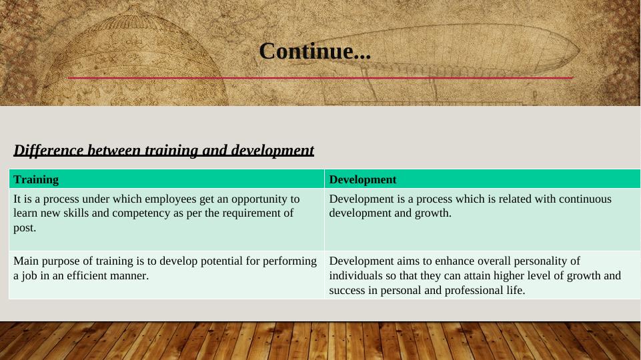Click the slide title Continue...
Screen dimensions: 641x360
[315, 51]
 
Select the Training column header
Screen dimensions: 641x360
[36, 179]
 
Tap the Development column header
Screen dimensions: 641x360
[363, 179]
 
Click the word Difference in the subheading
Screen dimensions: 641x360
[49, 150]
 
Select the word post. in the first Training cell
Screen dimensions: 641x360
[25, 228]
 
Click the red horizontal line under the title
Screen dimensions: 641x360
[320, 77]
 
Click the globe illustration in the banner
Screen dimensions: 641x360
[135, 61]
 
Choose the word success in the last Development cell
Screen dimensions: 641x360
[348, 291]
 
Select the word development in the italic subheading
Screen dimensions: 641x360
[272, 151]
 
